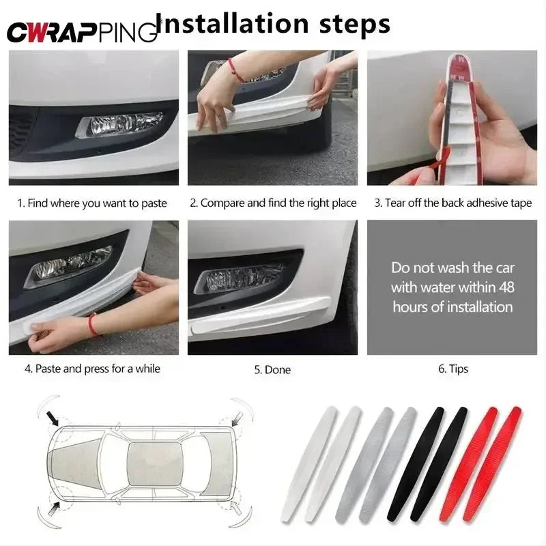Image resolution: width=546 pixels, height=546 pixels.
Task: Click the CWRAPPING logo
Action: click(81, 31)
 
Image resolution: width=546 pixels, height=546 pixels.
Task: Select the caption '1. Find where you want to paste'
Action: click(92, 203)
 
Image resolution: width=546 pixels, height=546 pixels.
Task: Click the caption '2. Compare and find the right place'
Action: click(273, 203)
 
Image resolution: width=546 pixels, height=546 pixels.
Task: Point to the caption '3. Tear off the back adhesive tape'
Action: click(452, 203)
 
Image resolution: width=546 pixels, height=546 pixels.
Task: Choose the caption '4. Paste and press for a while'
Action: click(92, 369)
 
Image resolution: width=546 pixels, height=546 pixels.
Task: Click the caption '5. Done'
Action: click(272, 369)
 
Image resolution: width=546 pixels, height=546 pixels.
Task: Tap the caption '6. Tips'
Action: click(452, 369)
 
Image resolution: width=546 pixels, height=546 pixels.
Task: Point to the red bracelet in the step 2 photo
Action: click(236, 69)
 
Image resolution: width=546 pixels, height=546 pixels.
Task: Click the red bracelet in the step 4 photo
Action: click(92, 324)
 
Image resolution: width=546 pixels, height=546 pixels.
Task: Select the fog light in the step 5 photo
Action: click(239, 277)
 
